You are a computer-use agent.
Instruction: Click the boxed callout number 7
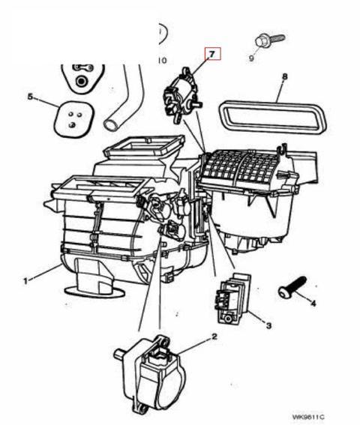click(212, 54)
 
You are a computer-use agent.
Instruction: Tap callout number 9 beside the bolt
click(251, 58)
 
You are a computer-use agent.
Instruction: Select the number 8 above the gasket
click(284, 76)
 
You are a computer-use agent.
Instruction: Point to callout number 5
click(30, 97)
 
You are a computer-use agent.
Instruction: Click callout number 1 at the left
click(25, 281)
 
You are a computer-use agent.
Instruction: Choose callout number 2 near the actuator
click(214, 337)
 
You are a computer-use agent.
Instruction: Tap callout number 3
click(268, 325)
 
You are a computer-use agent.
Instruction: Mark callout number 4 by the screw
click(313, 303)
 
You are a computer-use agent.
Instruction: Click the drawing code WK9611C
click(308, 417)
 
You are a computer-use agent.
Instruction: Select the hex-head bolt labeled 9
click(269, 40)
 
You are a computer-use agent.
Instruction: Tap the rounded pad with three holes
click(74, 119)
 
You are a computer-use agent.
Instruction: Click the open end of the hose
click(112, 124)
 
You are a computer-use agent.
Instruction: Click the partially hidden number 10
click(162, 61)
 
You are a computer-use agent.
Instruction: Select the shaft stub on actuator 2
click(119, 354)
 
